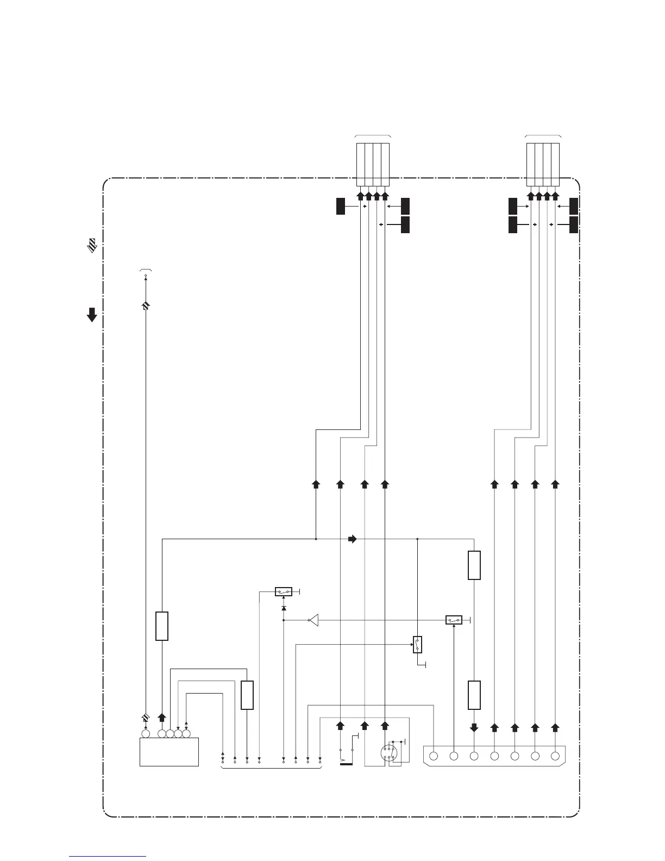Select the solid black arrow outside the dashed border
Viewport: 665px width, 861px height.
point(92,315)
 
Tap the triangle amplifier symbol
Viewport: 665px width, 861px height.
point(313,620)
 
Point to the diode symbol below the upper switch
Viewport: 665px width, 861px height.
point(284,607)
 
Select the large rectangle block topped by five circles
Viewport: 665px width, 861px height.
point(169,752)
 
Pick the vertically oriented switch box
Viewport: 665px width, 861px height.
point(417,644)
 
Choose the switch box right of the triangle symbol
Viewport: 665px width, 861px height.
point(454,620)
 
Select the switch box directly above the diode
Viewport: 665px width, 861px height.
point(284,591)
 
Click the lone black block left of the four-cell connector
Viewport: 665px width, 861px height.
point(341,207)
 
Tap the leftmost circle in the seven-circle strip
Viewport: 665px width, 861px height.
point(434,756)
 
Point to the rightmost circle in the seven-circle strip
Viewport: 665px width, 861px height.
point(555,756)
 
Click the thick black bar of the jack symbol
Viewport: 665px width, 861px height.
point(346,764)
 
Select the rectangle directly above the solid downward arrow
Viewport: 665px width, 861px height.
point(474,695)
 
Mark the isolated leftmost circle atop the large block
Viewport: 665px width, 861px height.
point(145,734)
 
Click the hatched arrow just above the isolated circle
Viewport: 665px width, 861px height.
point(145,718)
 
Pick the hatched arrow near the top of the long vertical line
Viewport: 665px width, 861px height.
point(145,307)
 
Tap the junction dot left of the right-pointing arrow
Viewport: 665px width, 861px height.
point(316,539)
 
